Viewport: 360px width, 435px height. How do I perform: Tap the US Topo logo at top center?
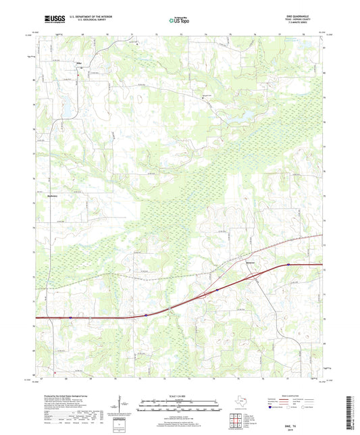(179, 20)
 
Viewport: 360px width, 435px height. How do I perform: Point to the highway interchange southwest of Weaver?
(203, 295)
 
